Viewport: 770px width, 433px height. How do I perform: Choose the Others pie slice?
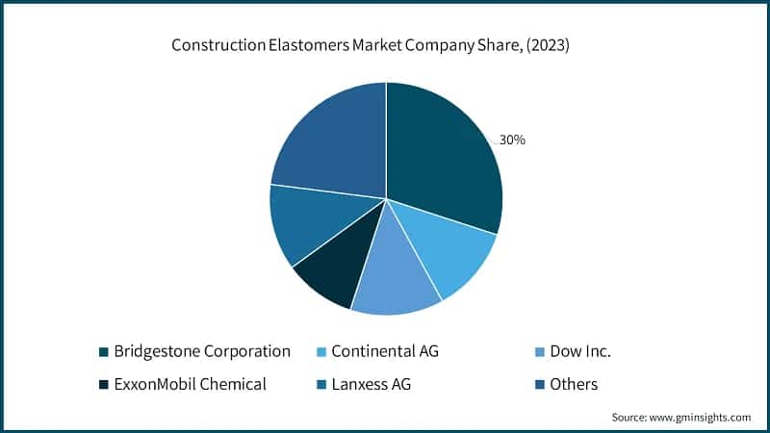327,140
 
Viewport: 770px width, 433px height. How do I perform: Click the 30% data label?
512,140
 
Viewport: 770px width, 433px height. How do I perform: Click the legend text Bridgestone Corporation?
202,351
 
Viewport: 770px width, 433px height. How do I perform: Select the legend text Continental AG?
385,351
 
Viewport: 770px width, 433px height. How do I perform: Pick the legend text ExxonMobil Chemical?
190,384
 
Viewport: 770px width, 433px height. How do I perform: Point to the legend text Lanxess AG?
375,384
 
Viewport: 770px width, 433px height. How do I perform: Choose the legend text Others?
574,384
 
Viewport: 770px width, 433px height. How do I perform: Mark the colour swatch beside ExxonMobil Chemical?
103,385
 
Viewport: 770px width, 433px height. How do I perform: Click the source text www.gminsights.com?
703,418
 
